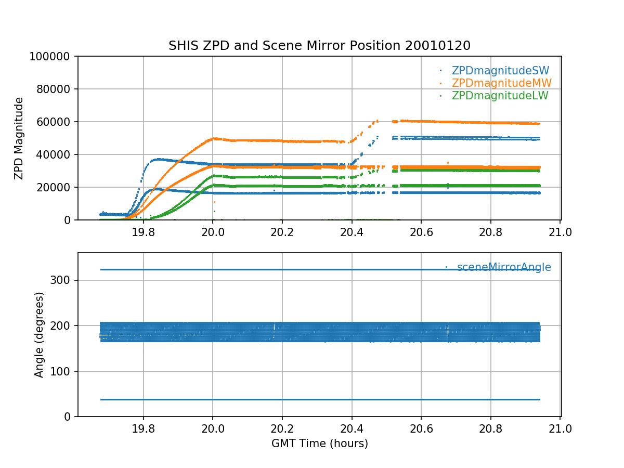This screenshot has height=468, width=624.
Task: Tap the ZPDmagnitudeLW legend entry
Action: point(500,96)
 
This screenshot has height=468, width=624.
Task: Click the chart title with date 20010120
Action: point(319,46)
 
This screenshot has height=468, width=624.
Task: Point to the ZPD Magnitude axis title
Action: point(19,138)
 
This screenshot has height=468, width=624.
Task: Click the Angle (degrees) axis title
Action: point(40,334)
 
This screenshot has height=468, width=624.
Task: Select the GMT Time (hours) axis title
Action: point(319,444)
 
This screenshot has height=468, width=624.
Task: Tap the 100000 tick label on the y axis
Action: point(51,57)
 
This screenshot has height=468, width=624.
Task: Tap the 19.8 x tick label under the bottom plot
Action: point(143,428)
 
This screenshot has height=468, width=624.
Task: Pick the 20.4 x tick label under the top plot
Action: point(352,232)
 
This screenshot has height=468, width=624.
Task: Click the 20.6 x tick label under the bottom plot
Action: point(421,428)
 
